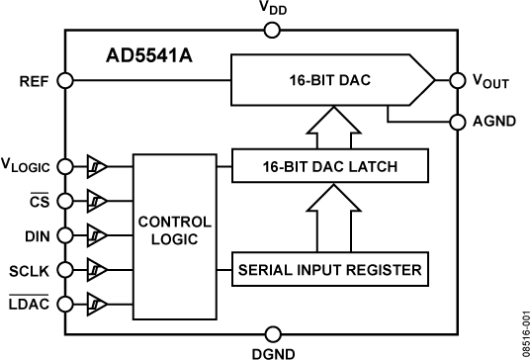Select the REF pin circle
click(x=65, y=81)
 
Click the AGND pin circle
click(x=458, y=123)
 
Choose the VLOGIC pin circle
click(x=65, y=165)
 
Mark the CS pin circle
click(x=65, y=200)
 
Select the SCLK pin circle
click(x=65, y=268)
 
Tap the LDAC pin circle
click(x=65, y=303)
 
